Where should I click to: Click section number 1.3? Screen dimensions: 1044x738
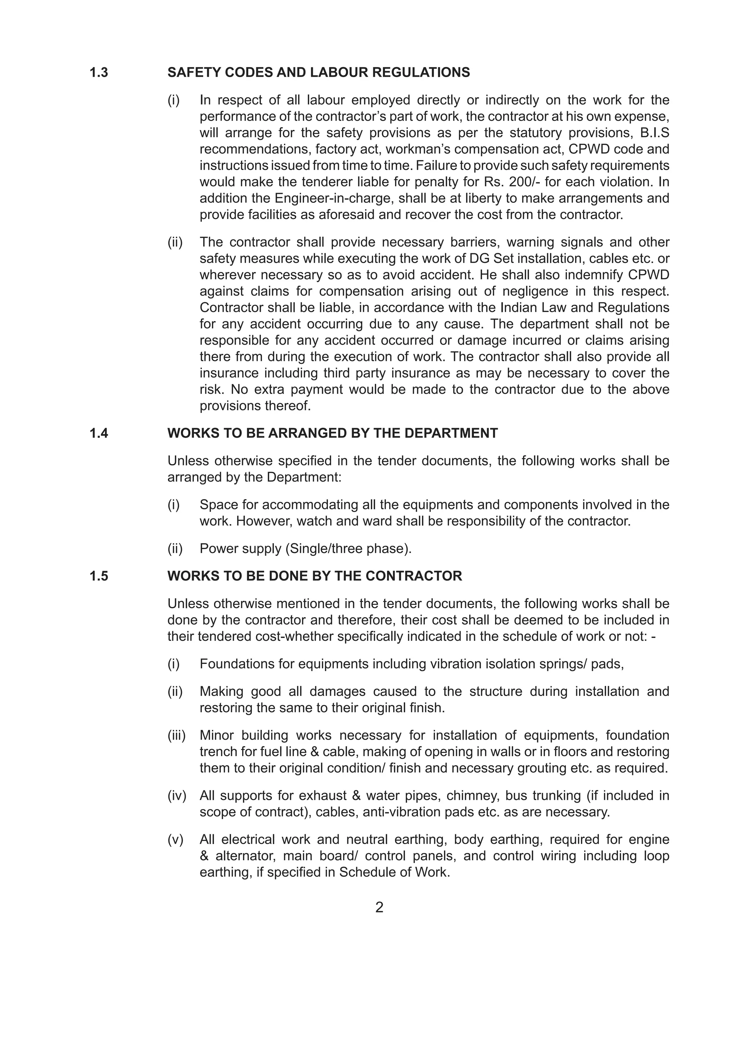coord(99,73)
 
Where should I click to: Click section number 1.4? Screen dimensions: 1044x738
coord(99,433)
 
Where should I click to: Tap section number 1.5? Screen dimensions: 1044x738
coord(99,576)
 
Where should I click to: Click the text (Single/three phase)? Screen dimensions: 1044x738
coord(349,549)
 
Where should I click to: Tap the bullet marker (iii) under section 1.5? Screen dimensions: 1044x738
coord(177,735)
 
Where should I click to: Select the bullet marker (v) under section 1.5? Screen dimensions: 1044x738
coord(175,840)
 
